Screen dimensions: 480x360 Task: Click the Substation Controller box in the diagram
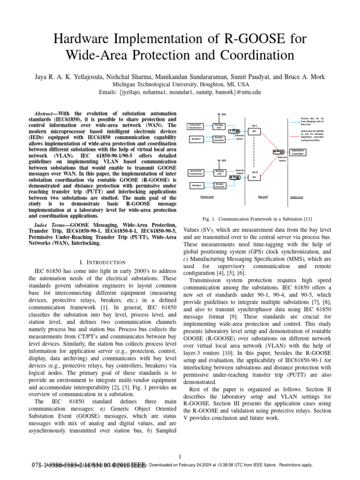(298, 152)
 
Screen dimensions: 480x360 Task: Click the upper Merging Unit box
(219, 126)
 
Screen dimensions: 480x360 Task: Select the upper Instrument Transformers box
(196, 126)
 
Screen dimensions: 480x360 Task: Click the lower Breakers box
(196, 186)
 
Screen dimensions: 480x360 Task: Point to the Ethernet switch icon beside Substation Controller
(280, 151)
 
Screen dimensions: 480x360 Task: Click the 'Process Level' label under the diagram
(207, 197)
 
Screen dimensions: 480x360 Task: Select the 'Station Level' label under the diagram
(297, 197)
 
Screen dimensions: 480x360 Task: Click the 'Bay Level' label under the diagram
(263, 197)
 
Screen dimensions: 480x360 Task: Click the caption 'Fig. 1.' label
(210, 218)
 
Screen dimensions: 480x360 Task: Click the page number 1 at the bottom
(180, 457)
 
